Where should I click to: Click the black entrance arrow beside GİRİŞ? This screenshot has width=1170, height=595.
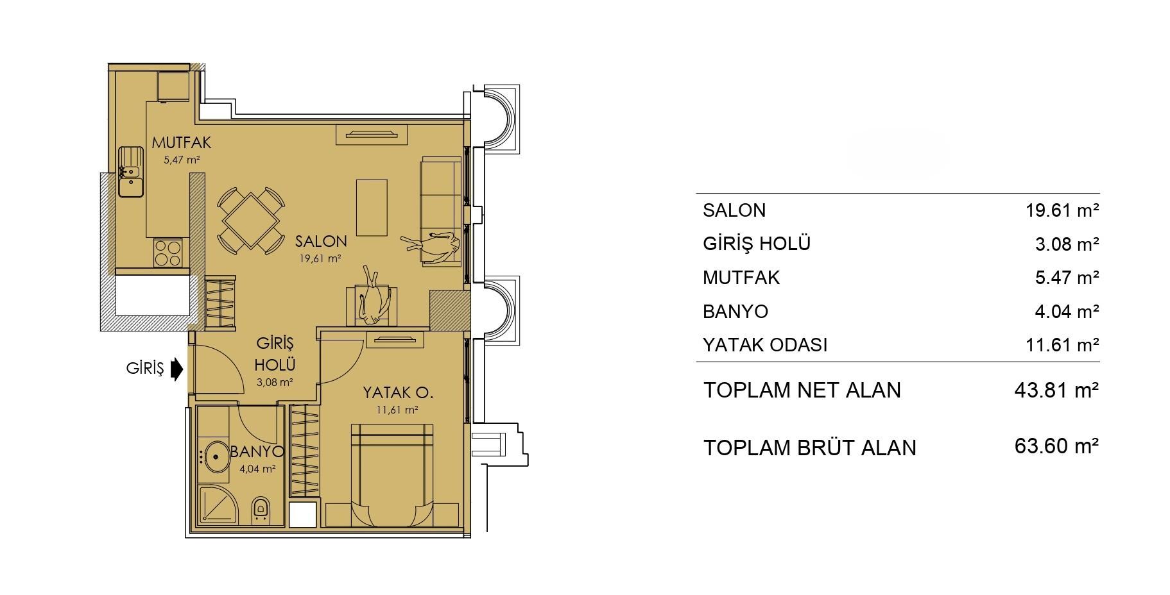[x=177, y=369]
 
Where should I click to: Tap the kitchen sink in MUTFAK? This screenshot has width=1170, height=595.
[x=131, y=171]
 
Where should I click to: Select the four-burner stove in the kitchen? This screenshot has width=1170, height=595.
[x=168, y=252]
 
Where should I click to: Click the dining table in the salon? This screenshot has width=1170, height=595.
[x=250, y=221]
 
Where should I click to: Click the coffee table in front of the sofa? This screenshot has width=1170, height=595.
[x=372, y=208]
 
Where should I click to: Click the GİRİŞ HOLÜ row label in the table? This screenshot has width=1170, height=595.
[x=757, y=244]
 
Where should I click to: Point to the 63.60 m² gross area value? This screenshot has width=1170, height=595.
[x=1056, y=446]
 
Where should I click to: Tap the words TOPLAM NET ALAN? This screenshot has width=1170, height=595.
[x=802, y=390]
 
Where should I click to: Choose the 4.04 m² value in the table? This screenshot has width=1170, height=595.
[x=1067, y=312]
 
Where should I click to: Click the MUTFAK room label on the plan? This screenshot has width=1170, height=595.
[x=182, y=143]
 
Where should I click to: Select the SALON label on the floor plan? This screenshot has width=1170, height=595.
[x=321, y=241]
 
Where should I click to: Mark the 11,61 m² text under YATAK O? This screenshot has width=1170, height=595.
[x=399, y=410]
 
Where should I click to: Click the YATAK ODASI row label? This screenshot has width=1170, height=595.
[x=765, y=345]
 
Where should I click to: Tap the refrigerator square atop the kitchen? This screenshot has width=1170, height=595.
[x=173, y=87]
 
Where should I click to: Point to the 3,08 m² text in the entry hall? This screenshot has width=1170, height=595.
[x=275, y=382]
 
